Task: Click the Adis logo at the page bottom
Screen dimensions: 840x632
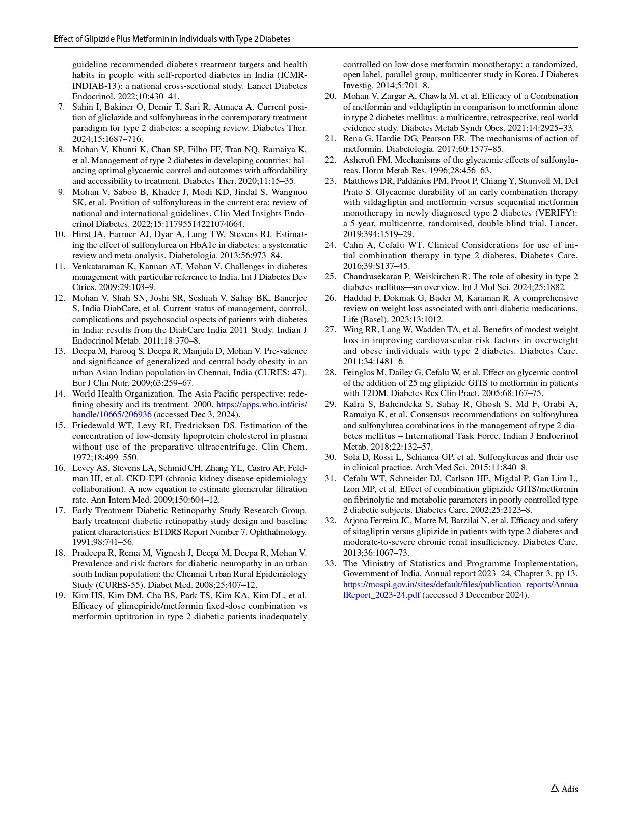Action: point(564,789)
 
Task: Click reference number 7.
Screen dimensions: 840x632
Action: point(61,107)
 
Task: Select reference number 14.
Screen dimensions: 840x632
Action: point(60,393)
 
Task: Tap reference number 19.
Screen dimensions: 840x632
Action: point(60,595)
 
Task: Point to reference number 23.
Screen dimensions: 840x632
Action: point(331,181)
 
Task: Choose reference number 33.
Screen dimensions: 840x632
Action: point(331,563)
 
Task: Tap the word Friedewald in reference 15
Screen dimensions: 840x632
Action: point(94,426)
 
